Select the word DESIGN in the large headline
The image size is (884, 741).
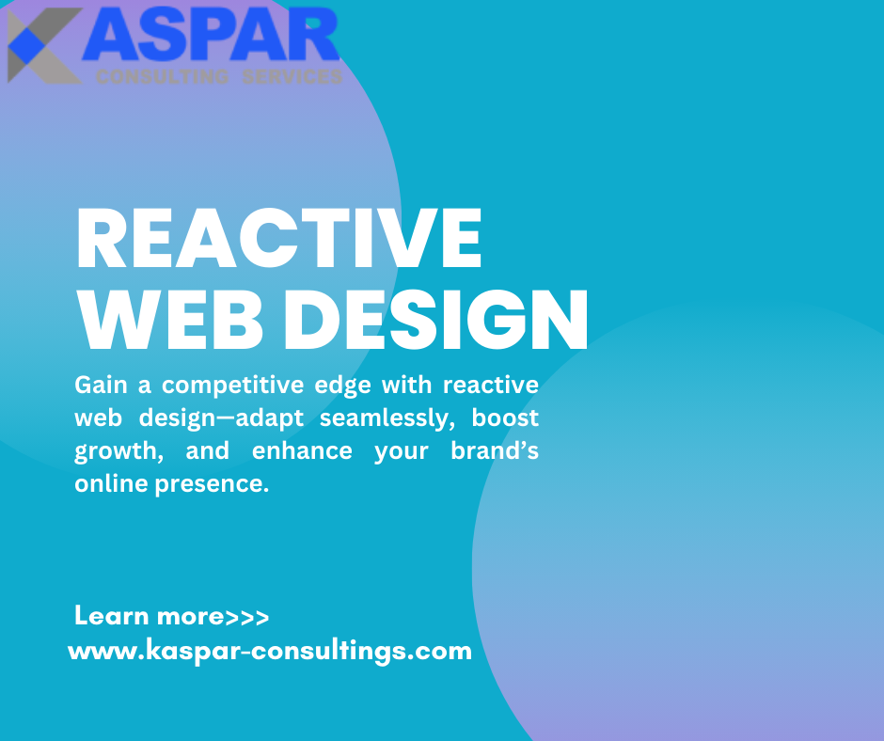point(435,320)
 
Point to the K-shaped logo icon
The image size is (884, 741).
point(41,45)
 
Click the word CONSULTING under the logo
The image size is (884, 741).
point(162,77)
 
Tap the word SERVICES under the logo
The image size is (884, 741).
point(292,77)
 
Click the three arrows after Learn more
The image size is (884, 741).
point(247,618)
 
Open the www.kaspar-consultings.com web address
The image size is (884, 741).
point(270,650)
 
